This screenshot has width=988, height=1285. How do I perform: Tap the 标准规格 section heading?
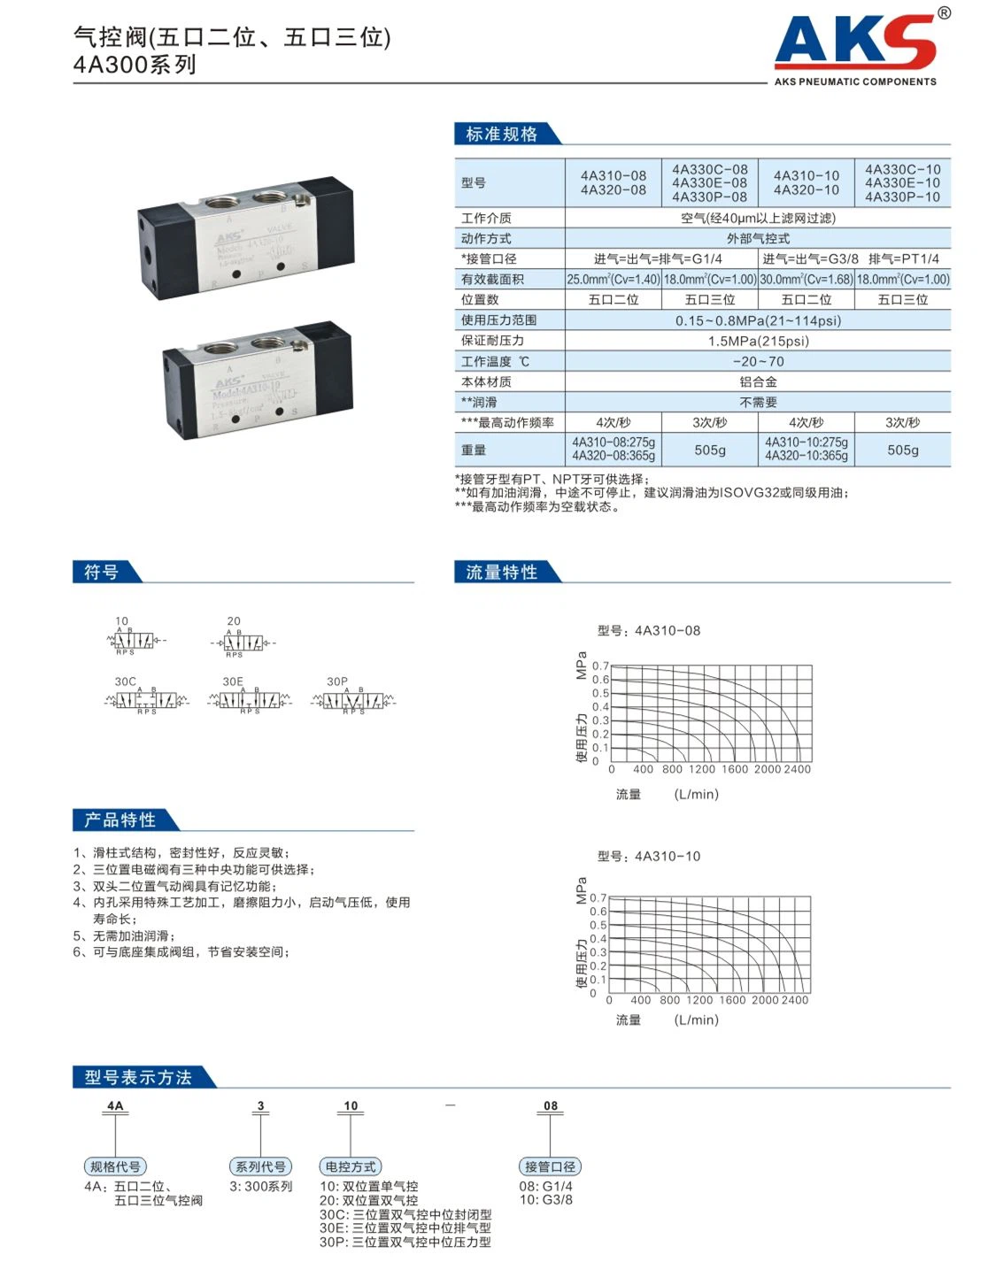[x=502, y=134]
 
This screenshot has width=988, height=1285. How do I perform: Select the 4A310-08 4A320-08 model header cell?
[x=613, y=183]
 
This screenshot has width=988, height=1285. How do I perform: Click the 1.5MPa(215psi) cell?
[x=758, y=341]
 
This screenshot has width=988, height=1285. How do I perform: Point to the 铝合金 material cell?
[x=758, y=381]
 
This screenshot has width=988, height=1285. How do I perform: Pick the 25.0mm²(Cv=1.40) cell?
[x=613, y=280]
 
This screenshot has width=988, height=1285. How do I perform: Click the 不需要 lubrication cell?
[x=758, y=402]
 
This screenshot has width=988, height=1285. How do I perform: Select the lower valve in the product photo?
[x=258, y=381]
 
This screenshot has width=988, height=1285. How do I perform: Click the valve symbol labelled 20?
[x=242, y=641]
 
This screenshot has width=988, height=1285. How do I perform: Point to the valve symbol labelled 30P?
[x=353, y=701]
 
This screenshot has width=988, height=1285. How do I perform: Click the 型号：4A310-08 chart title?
[x=648, y=631]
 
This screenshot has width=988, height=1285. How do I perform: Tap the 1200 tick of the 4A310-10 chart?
[x=699, y=1000]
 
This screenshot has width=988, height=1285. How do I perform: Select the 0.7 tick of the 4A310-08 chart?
[x=600, y=666]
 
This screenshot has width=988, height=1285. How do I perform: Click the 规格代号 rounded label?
[x=115, y=1166]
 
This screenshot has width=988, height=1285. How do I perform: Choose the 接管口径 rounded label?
[x=550, y=1166]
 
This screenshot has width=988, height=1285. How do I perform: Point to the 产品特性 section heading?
[x=120, y=820]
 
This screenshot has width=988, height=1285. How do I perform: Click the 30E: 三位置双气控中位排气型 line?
[x=405, y=1228]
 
